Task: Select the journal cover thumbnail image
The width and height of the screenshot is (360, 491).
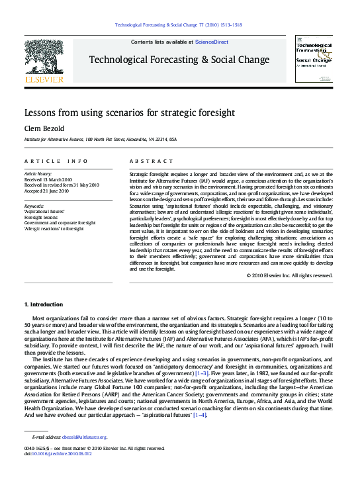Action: click(x=315, y=59)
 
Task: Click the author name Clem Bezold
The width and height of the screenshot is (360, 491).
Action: click(x=42, y=128)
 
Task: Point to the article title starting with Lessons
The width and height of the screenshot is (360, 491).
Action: click(x=130, y=112)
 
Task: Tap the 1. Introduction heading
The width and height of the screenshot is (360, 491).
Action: click(x=44, y=304)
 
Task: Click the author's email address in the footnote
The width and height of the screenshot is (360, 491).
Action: click(x=85, y=437)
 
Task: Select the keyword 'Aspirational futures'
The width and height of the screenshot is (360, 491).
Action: click(x=46, y=211)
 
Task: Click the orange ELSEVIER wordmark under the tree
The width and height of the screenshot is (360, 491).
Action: click(x=44, y=79)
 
